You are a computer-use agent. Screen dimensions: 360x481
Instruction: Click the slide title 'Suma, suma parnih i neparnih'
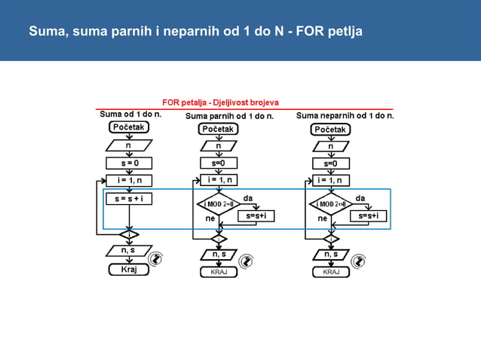click(195, 32)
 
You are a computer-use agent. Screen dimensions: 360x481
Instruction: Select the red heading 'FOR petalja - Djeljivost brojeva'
click(220, 102)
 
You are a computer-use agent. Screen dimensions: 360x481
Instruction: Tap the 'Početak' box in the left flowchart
click(129, 128)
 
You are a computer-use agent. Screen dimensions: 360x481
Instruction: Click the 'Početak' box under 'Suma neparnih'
click(331, 130)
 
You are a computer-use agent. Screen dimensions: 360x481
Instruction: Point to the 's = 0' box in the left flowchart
click(129, 163)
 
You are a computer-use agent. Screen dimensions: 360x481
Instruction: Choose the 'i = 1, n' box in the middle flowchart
click(219, 180)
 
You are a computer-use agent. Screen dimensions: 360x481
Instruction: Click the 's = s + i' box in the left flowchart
click(129, 199)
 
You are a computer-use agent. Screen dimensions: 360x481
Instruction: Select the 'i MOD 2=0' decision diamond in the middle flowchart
click(219, 203)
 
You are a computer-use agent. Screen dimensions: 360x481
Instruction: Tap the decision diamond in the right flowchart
click(331, 203)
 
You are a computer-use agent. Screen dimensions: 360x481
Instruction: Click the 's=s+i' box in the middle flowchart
click(256, 216)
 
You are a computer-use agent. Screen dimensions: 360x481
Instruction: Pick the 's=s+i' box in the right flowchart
click(369, 216)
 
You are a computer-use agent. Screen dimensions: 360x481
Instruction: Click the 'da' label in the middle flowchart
click(247, 198)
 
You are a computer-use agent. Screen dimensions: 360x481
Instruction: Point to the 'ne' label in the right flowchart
click(322, 218)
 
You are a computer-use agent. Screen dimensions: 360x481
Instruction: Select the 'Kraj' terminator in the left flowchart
click(129, 270)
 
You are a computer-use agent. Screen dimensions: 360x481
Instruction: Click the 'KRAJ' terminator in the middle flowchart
click(219, 272)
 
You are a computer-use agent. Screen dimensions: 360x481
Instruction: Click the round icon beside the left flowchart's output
click(156, 258)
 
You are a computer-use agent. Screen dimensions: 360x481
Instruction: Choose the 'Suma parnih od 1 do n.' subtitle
click(229, 116)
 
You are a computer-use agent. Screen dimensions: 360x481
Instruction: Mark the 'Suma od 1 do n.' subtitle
click(130, 114)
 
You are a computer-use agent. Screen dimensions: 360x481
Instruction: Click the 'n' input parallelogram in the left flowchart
click(129, 145)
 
